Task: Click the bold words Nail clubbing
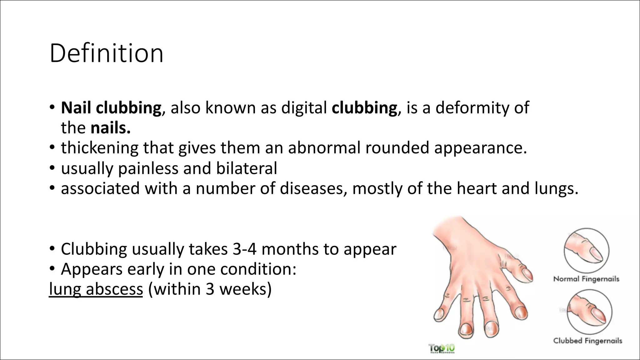(x=111, y=108)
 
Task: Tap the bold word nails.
(x=110, y=128)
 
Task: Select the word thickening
(x=99, y=148)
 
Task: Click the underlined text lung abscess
(x=96, y=289)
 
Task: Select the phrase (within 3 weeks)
(x=210, y=289)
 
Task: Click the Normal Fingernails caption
(x=586, y=279)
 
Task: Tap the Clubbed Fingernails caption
(x=587, y=341)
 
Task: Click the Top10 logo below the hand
(x=442, y=348)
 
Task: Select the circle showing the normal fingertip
(x=586, y=251)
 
